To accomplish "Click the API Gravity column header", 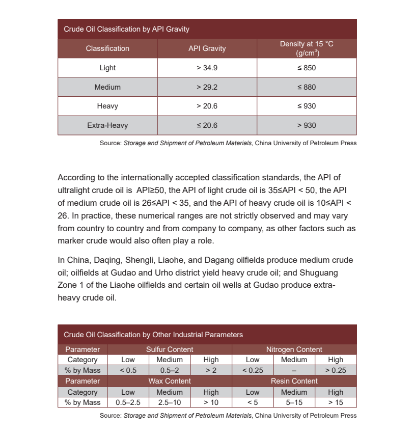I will [x=207, y=48].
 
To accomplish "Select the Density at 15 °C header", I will [x=307, y=48].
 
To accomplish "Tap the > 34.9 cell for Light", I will [x=207, y=68].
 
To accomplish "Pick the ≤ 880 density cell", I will [x=307, y=87].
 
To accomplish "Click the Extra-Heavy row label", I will [x=107, y=125].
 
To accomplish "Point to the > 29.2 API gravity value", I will [x=207, y=87].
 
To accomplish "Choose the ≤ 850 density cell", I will [x=307, y=68].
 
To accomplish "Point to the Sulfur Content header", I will [x=170, y=349].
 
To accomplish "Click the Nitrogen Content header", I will [x=294, y=349].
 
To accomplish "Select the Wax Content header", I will [x=170, y=381].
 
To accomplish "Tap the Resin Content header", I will [x=294, y=381].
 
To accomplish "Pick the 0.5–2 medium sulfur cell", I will [x=169, y=370].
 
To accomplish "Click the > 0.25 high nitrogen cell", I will [x=336, y=370].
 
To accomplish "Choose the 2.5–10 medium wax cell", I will [x=169, y=402].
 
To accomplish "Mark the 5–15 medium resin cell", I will [x=294, y=402].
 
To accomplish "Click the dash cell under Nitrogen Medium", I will [x=294, y=370].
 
